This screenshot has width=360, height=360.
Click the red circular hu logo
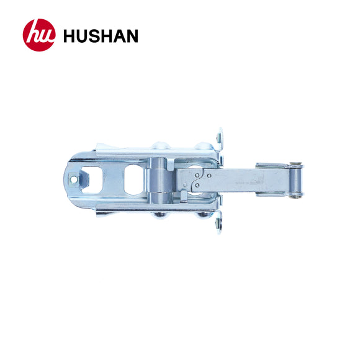(39, 35)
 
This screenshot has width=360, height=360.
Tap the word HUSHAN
(101, 36)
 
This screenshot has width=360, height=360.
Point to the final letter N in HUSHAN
(132, 36)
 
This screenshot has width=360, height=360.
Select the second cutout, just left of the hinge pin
(135, 179)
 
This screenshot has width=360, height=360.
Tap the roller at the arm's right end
(297, 181)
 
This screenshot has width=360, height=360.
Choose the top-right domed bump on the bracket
(202, 146)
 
